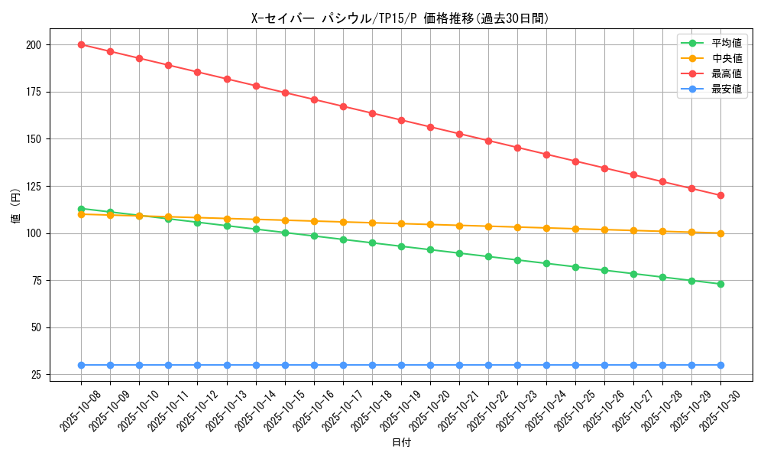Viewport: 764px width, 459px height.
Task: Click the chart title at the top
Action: (400, 18)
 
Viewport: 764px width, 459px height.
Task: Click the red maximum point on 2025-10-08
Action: (81, 44)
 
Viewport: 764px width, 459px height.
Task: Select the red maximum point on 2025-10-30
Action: (720, 195)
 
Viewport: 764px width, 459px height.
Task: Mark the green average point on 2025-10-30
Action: (720, 284)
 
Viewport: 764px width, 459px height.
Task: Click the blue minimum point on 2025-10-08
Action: (81, 365)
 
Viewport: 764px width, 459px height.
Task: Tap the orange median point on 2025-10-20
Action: (430, 225)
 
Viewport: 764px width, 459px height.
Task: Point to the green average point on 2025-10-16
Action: (314, 236)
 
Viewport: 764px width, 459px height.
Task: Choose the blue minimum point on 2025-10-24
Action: (546, 365)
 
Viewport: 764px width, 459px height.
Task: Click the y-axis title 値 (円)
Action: (15, 207)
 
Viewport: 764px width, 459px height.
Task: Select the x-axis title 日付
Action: (401, 443)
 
